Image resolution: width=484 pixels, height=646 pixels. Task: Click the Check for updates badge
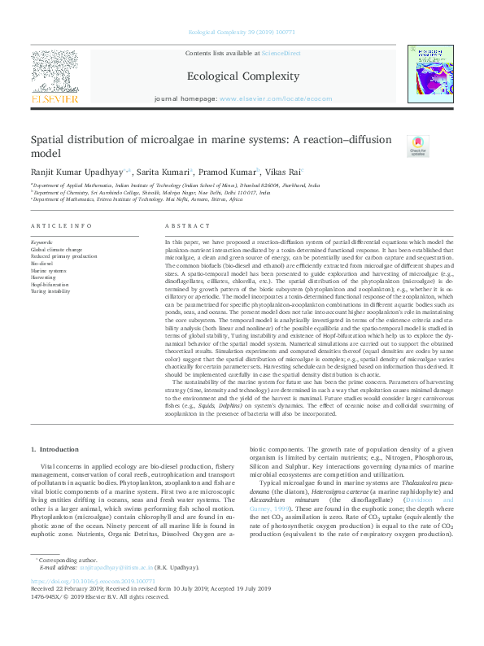pyautogui.click(x=417, y=146)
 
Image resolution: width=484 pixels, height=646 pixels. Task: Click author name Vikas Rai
pyautogui.click(x=281, y=172)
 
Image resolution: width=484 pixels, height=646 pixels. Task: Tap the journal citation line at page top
pyautogui.click(x=242, y=33)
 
